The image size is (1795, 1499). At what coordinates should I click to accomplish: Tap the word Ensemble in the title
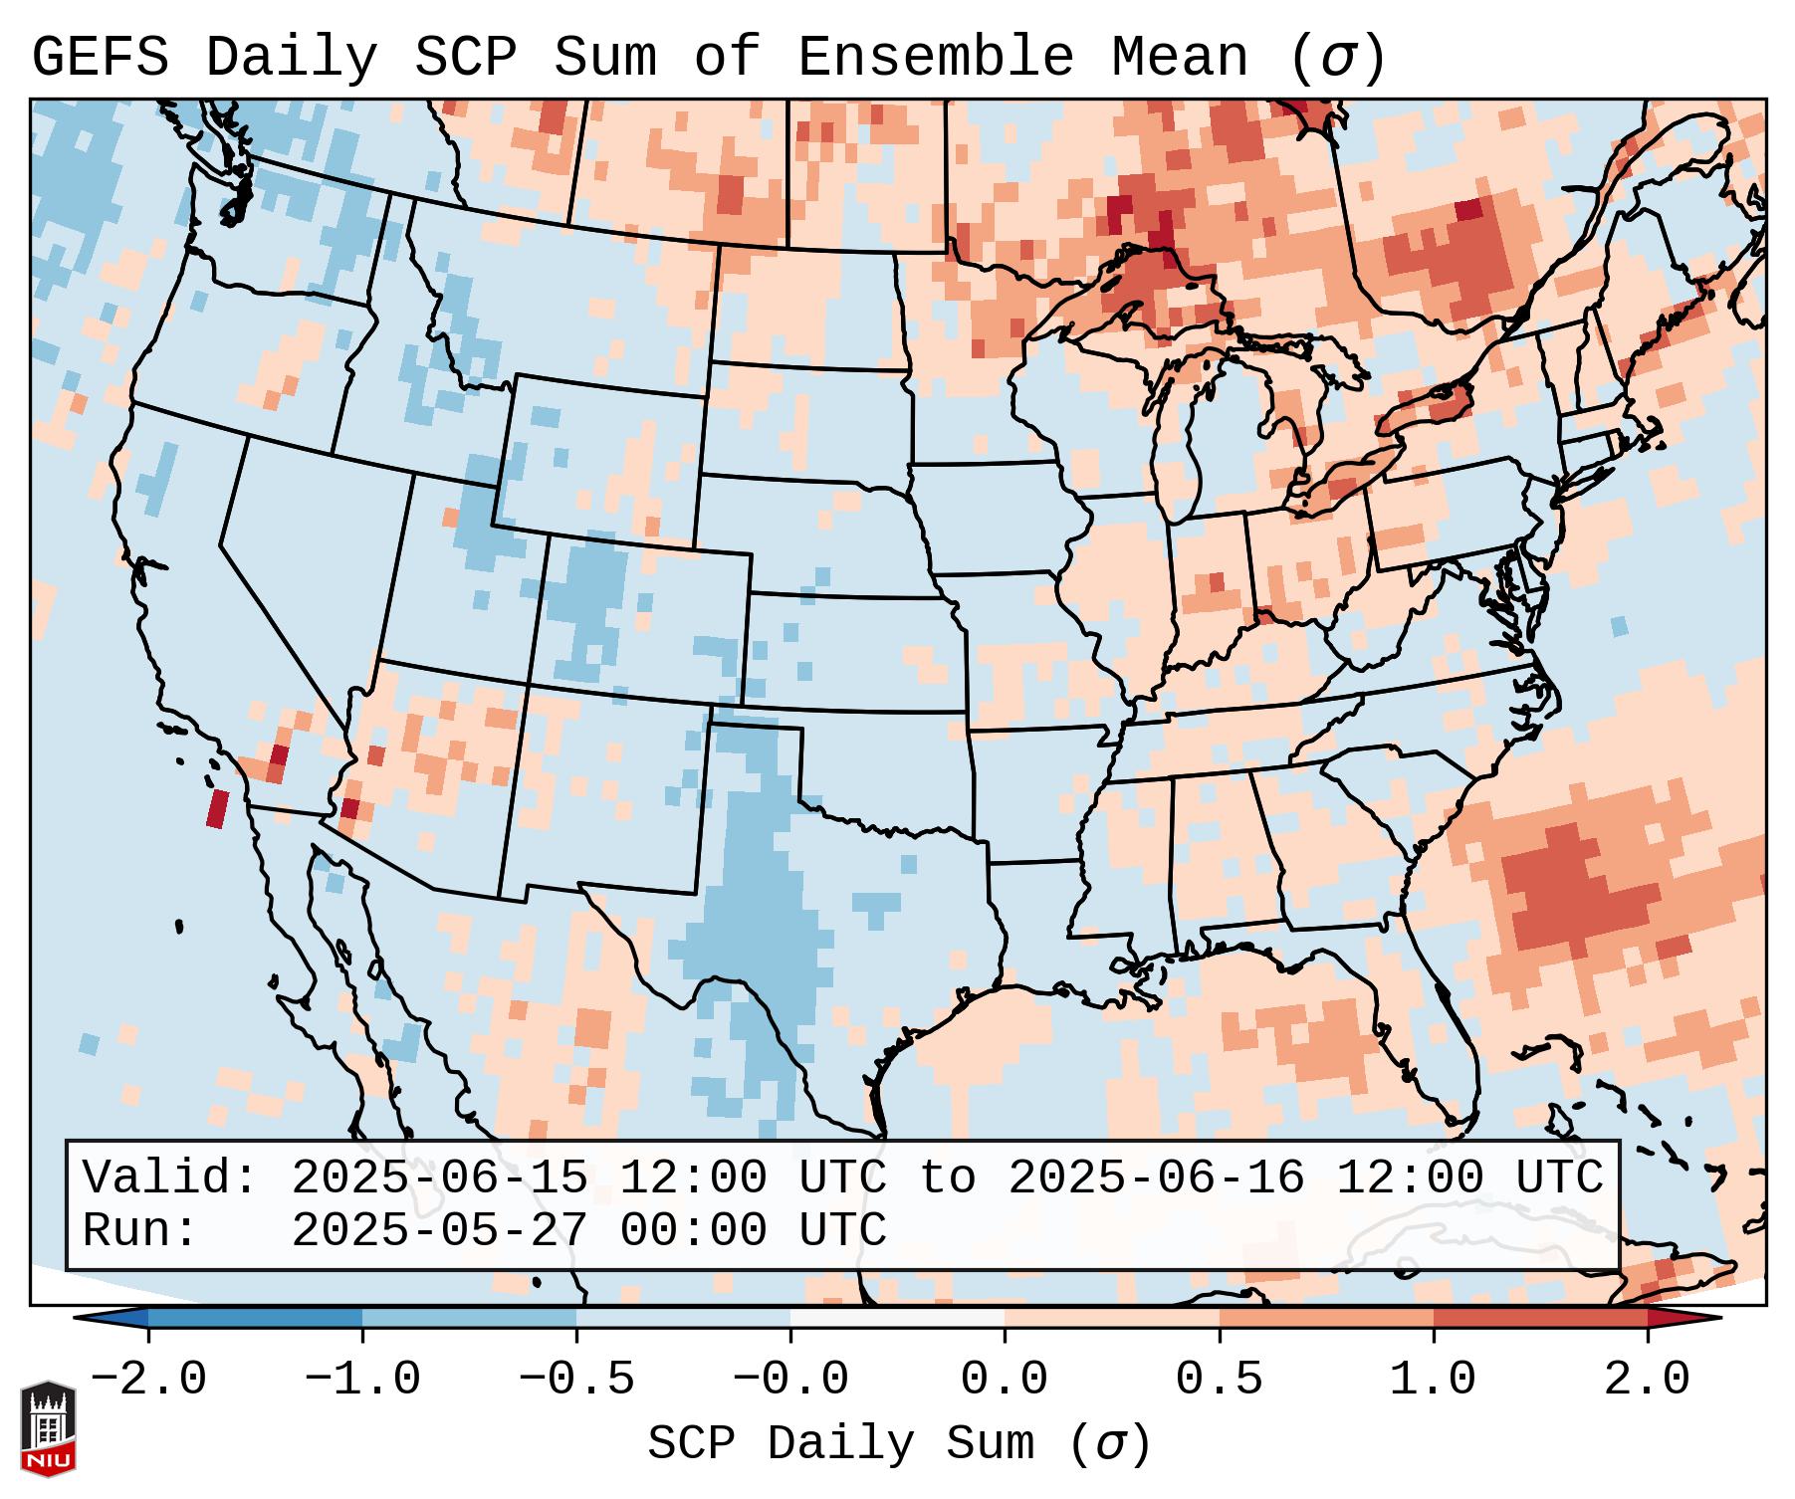tap(935, 58)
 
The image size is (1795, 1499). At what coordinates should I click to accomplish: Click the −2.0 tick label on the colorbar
tap(148, 1380)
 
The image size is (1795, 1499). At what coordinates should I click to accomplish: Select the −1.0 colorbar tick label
tap(362, 1380)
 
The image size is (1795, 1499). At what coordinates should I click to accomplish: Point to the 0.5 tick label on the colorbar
tap(1219, 1380)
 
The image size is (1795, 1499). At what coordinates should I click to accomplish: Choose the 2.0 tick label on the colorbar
tap(1648, 1380)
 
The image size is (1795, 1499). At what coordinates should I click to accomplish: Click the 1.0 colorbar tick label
tap(1433, 1380)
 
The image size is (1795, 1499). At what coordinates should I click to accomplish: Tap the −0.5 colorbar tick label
tap(576, 1380)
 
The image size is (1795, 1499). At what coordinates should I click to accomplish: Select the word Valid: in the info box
tap(170, 1178)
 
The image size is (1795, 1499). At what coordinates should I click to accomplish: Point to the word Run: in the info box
tap(140, 1231)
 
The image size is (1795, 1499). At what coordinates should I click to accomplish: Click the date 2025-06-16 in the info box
tap(1156, 1178)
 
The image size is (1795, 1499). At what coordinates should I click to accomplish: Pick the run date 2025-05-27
tap(439, 1231)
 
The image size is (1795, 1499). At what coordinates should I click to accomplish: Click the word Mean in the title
tap(1179, 58)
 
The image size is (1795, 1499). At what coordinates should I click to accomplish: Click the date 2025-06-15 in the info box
tap(439, 1178)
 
